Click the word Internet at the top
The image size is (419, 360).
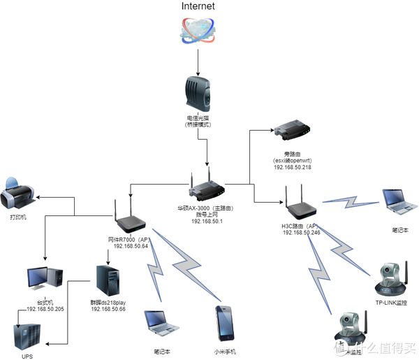(198, 6)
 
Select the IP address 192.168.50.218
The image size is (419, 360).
(293, 168)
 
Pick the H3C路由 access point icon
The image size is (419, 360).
(300, 203)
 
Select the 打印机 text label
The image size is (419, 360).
(18, 217)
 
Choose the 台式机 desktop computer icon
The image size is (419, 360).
(45, 280)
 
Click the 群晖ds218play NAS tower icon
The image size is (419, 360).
(107, 279)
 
